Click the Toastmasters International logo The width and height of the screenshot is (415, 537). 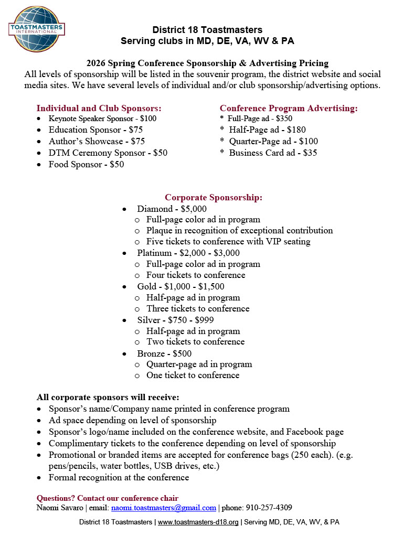point(36,29)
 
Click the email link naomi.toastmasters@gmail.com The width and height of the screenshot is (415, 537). point(164,508)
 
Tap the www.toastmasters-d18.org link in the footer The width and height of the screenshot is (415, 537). point(198,522)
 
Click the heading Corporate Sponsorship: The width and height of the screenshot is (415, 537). point(214,197)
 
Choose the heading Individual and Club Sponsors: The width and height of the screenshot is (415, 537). point(99,108)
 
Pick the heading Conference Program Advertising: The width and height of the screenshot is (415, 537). point(289,108)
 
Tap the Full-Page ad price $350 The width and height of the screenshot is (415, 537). point(284,119)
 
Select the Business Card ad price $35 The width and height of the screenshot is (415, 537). point(310,153)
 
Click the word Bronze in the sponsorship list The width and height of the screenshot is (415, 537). point(151,353)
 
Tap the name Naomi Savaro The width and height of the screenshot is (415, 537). point(60,508)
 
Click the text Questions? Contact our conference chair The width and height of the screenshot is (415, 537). point(108,498)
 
